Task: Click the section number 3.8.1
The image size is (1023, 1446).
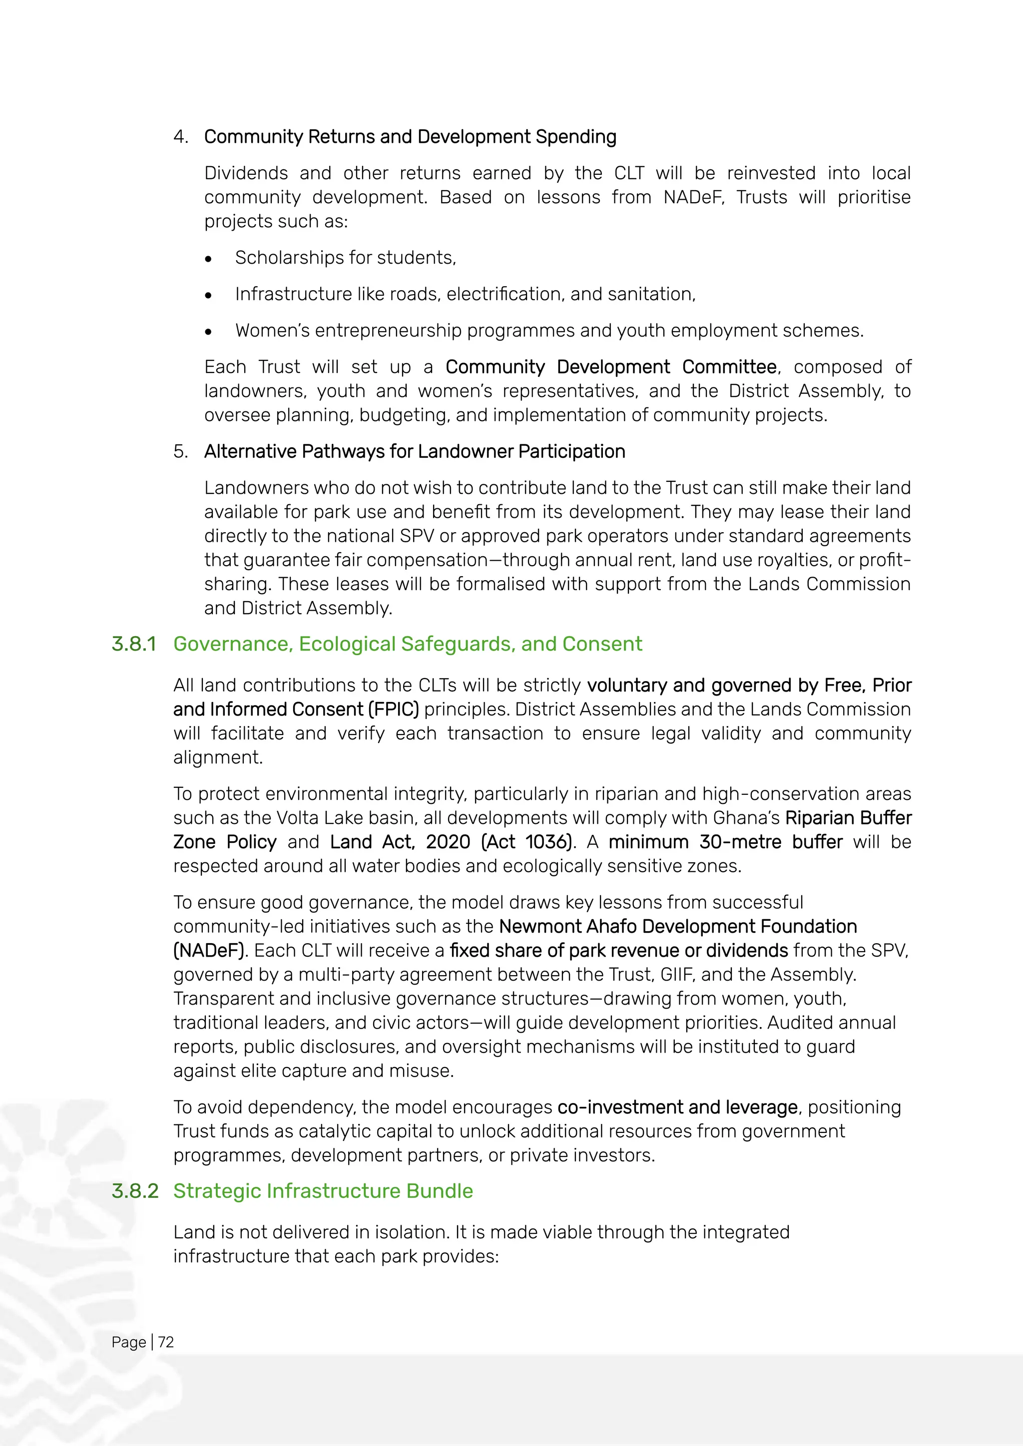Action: pos(133,644)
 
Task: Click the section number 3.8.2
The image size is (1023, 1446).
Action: pos(135,1191)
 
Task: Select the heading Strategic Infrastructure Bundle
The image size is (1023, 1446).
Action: pos(323,1191)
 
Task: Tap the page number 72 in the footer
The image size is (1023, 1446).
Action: pos(166,1342)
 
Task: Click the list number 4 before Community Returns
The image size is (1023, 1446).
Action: pos(180,137)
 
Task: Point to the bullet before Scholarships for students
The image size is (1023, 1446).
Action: pos(208,258)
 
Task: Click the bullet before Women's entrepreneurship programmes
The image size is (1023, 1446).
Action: pos(208,331)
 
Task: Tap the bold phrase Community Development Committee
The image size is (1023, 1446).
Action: pos(611,367)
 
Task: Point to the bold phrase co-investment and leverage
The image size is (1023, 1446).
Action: pos(677,1107)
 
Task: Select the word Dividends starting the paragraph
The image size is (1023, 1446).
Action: pos(246,173)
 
